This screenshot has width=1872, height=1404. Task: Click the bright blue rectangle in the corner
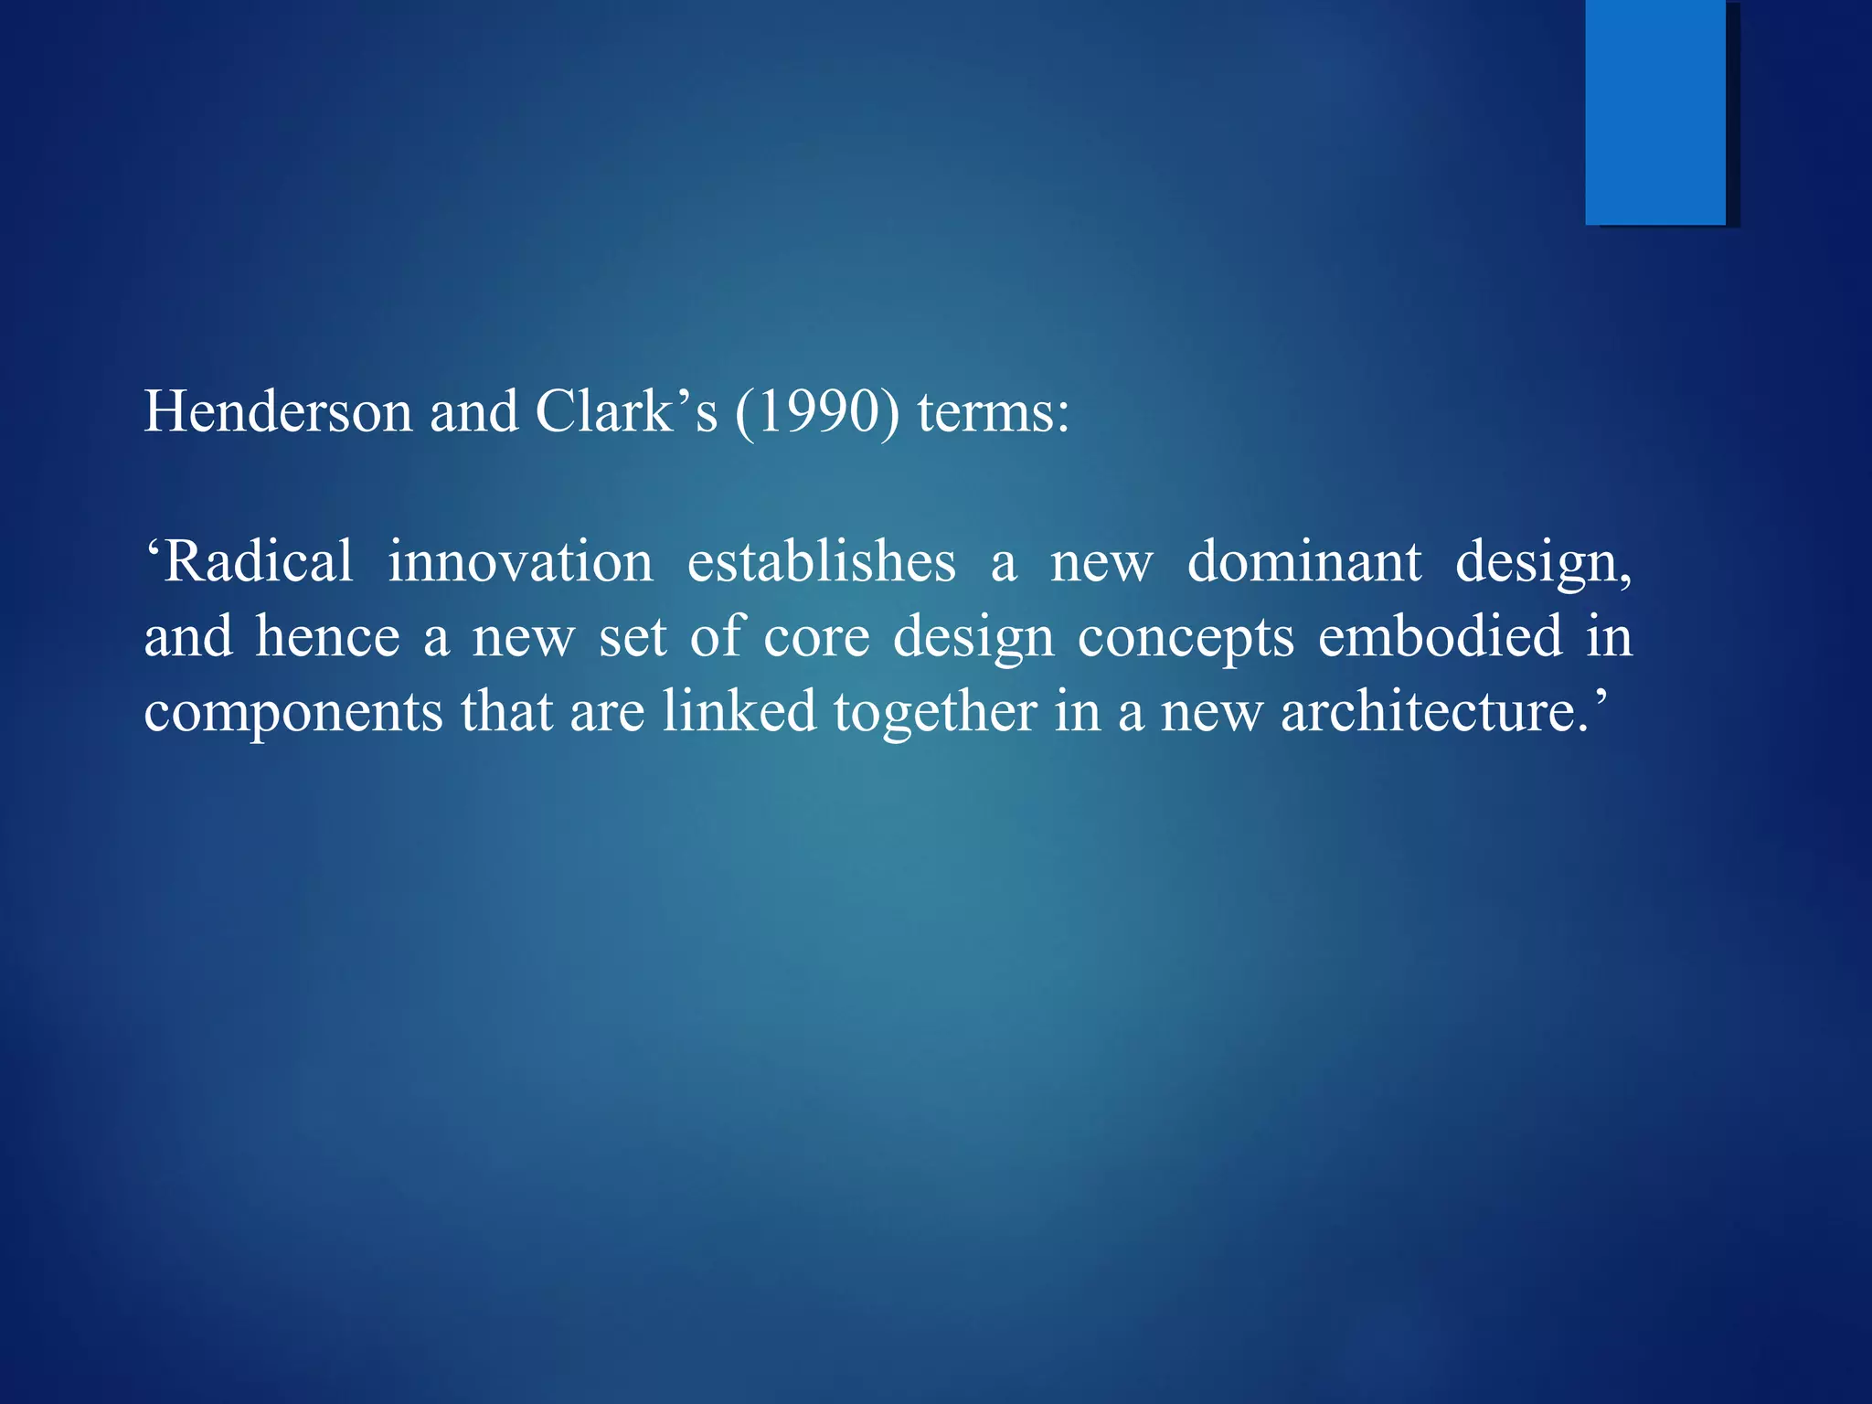[1655, 112]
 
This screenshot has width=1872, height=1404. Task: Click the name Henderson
[279, 411]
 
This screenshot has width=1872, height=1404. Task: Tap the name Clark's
[626, 411]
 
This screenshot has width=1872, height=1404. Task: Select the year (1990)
[816, 413]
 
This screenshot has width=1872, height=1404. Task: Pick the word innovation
[520, 561]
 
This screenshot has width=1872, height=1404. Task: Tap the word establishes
[821, 561]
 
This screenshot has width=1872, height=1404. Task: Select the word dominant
[1304, 561]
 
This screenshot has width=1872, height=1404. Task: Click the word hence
[327, 636]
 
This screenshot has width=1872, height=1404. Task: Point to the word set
[633, 638]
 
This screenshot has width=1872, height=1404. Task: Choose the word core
[816, 638]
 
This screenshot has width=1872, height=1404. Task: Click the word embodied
[1440, 636]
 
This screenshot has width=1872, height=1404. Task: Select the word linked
[739, 711]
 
